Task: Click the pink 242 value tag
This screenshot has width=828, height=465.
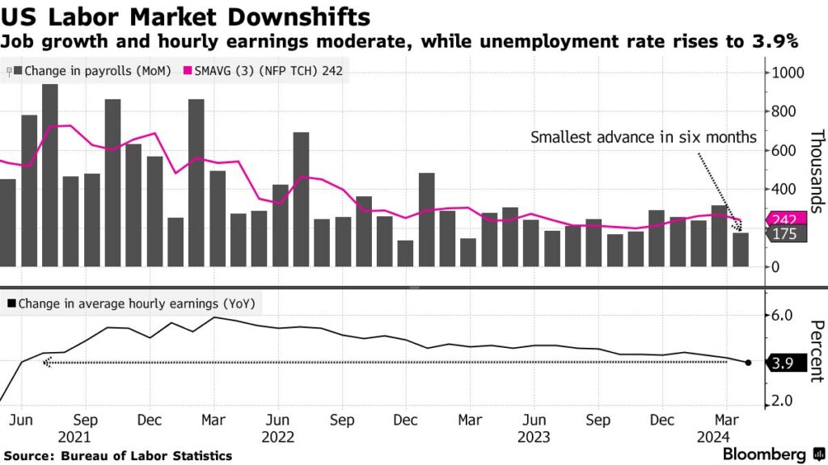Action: (784, 220)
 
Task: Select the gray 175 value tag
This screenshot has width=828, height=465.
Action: (784, 234)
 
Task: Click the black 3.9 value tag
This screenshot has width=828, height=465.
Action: (784, 363)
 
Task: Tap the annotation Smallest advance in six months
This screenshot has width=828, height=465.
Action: (643, 137)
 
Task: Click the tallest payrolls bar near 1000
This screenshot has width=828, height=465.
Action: (50, 174)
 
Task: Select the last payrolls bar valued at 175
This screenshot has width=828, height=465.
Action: (741, 249)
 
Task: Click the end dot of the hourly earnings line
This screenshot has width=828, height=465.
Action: (748, 363)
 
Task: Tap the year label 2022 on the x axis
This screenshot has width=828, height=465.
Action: (277, 437)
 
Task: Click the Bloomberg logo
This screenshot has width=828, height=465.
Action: (763, 454)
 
